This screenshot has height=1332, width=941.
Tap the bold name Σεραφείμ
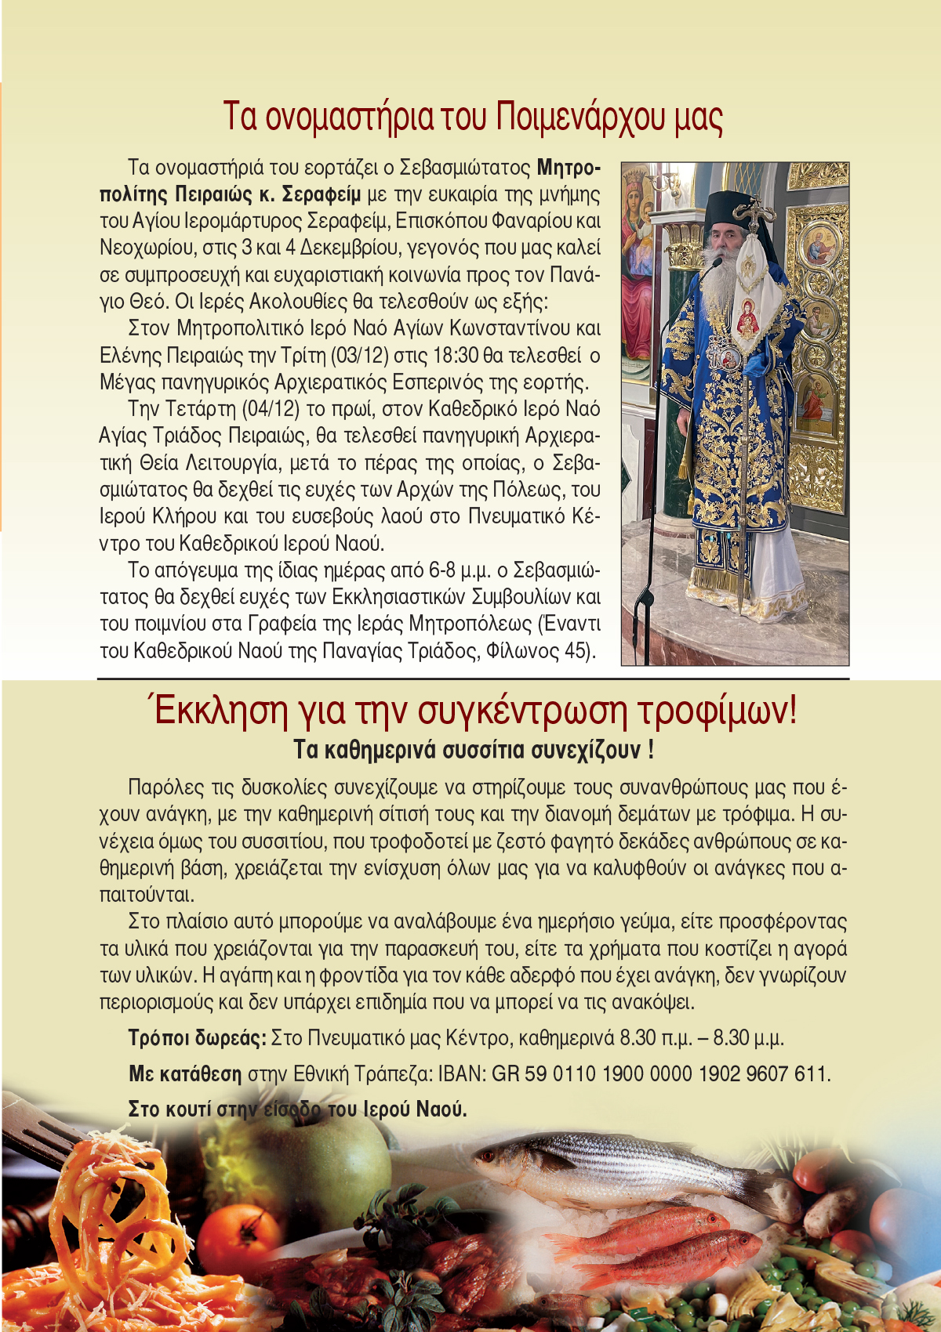coord(322,194)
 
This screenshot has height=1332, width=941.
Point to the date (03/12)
coord(360,356)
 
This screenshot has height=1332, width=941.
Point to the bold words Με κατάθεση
coord(185,1073)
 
